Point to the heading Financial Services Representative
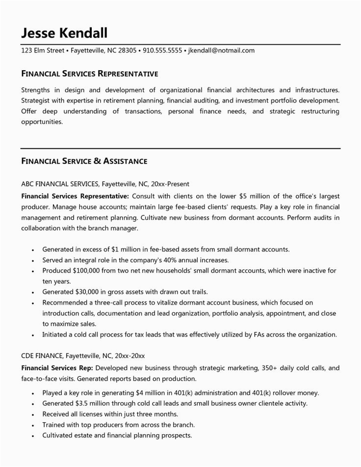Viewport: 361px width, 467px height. coord(89,74)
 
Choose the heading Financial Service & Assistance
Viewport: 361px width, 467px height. coord(84,160)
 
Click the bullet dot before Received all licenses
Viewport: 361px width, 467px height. coord(32,415)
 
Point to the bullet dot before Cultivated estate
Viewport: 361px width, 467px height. coord(32,436)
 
